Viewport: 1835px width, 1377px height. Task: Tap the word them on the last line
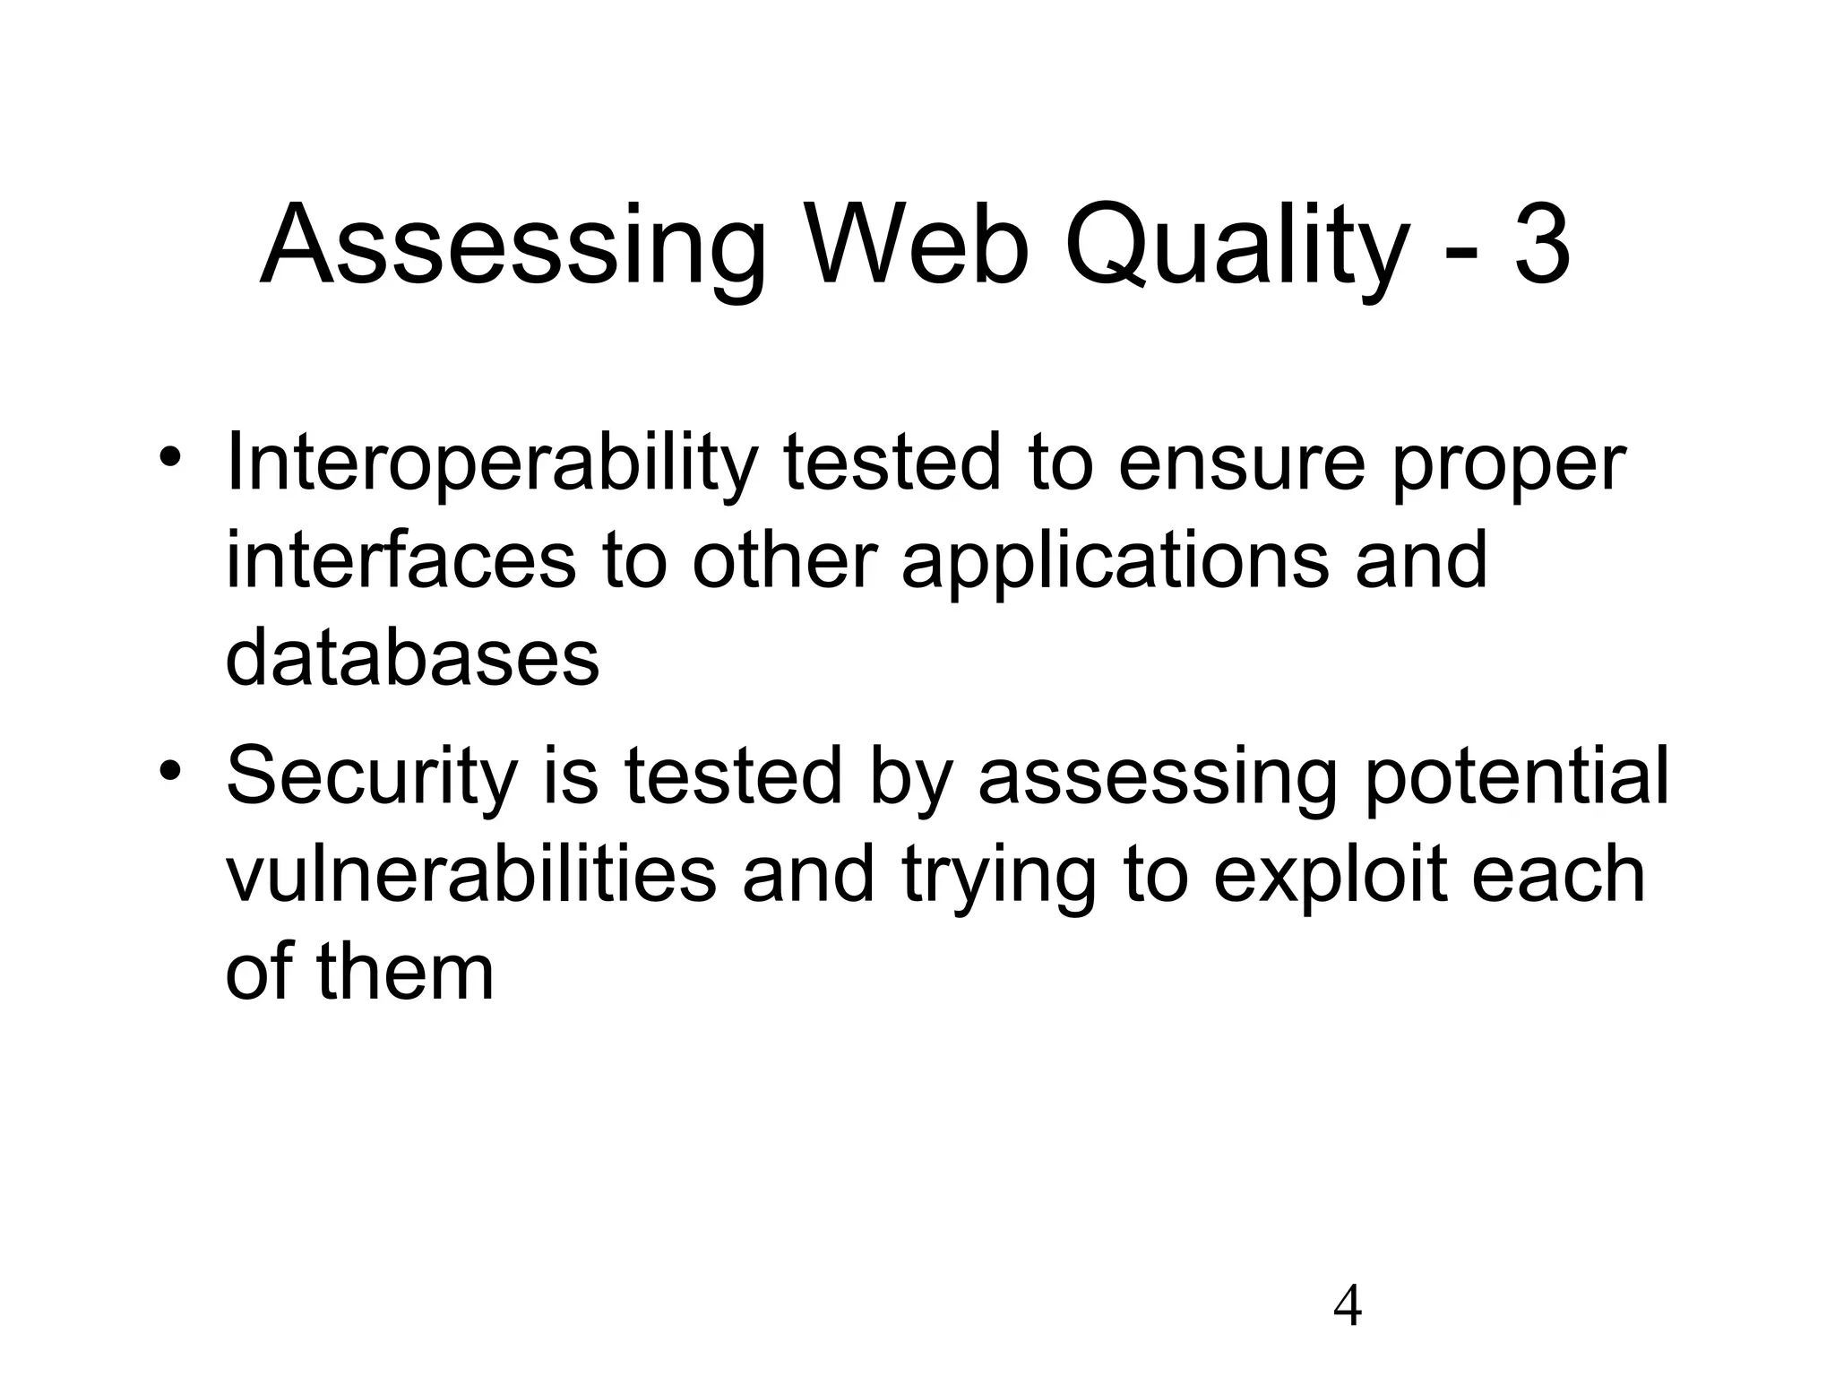405,972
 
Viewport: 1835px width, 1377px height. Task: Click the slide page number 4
1348,1305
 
